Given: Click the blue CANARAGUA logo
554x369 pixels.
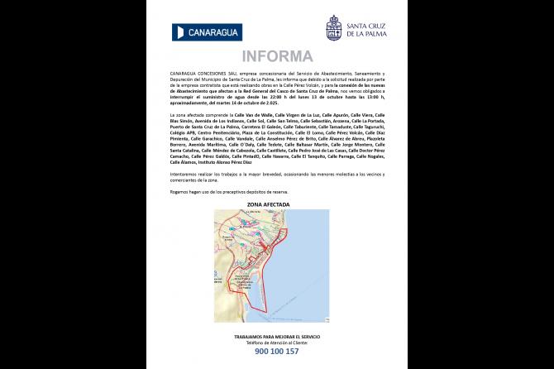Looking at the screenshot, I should (x=208, y=31).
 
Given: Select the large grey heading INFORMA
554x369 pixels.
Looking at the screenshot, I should (x=276, y=56).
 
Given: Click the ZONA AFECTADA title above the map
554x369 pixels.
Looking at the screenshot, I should (x=276, y=202).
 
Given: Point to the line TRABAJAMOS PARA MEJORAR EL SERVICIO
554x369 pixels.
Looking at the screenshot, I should (x=276, y=338).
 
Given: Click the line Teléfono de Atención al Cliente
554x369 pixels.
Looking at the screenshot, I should (x=276, y=343).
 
